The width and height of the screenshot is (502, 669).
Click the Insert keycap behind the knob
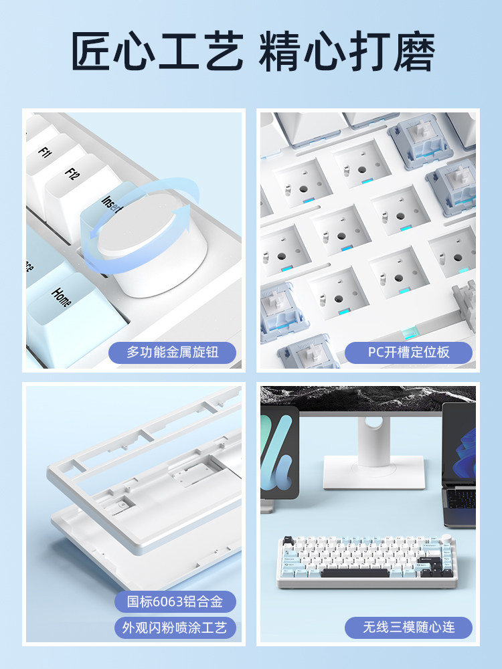tap(109, 201)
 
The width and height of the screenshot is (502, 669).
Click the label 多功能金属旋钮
tap(173, 353)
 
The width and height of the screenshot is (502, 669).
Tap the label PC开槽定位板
tap(408, 353)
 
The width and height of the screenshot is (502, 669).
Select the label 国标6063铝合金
tap(175, 601)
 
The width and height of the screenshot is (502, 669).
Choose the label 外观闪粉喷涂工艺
tap(175, 628)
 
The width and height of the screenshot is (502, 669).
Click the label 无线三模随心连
tap(408, 628)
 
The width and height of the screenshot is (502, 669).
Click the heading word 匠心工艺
tap(157, 50)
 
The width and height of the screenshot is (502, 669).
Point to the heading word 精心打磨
tap(347, 50)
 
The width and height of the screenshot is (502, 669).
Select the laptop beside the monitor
tap(459, 465)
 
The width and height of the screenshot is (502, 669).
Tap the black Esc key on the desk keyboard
tap(288, 541)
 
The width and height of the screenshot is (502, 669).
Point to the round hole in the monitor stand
tap(373, 422)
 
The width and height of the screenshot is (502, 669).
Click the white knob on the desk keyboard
tap(447, 538)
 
